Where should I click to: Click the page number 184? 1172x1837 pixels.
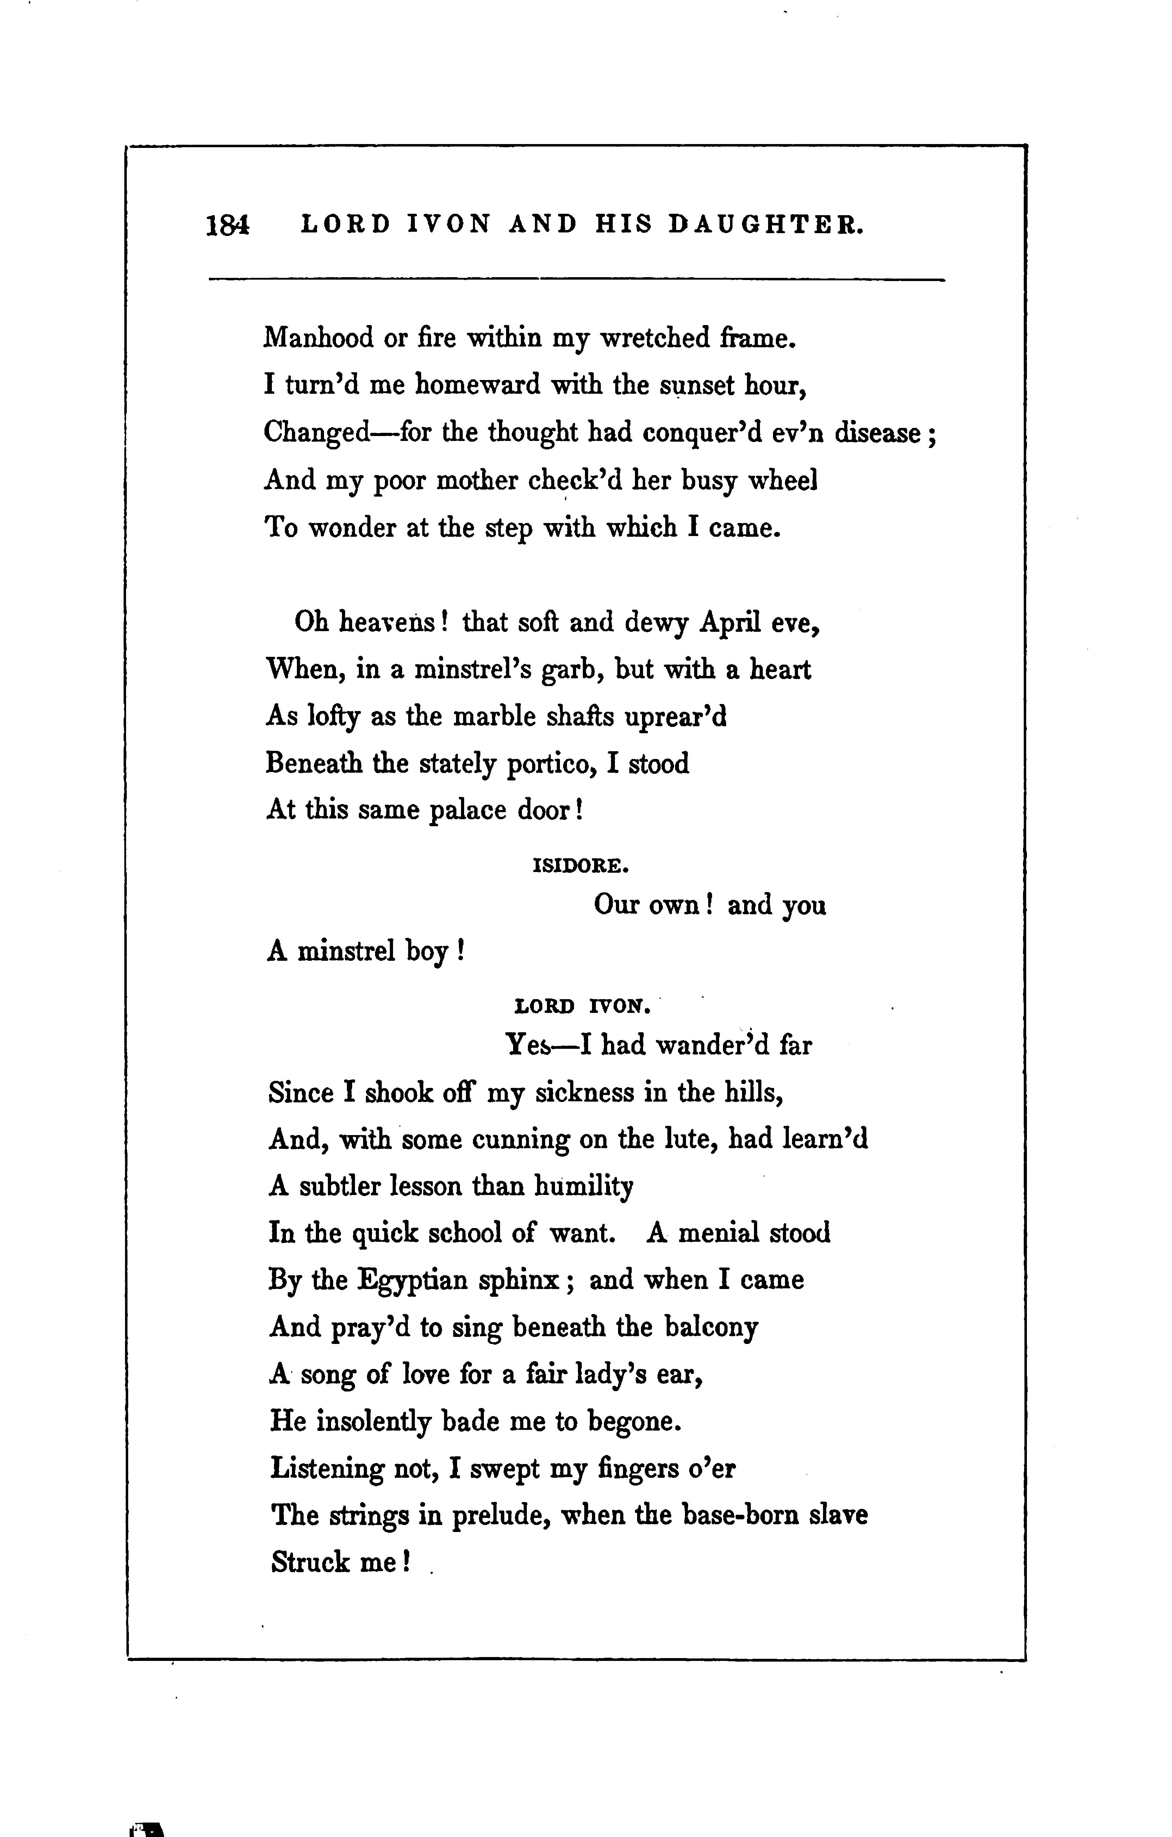point(227,226)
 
